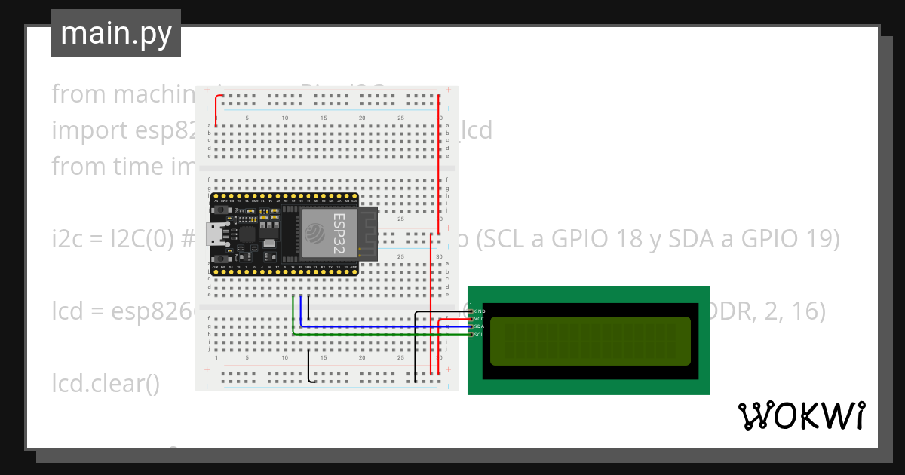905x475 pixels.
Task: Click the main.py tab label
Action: click(x=115, y=33)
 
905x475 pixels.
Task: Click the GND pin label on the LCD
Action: click(x=479, y=311)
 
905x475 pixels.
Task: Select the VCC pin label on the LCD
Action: click(x=479, y=319)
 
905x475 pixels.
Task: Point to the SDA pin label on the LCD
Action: click(x=479, y=326)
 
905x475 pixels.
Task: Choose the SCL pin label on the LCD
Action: click(x=479, y=334)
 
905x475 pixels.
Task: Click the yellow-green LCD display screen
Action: click(x=591, y=341)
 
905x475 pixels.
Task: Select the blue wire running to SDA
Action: click(x=377, y=326)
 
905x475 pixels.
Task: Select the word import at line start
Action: click(x=89, y=130)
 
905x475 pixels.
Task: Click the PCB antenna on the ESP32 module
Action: click(x=367, y=230)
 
